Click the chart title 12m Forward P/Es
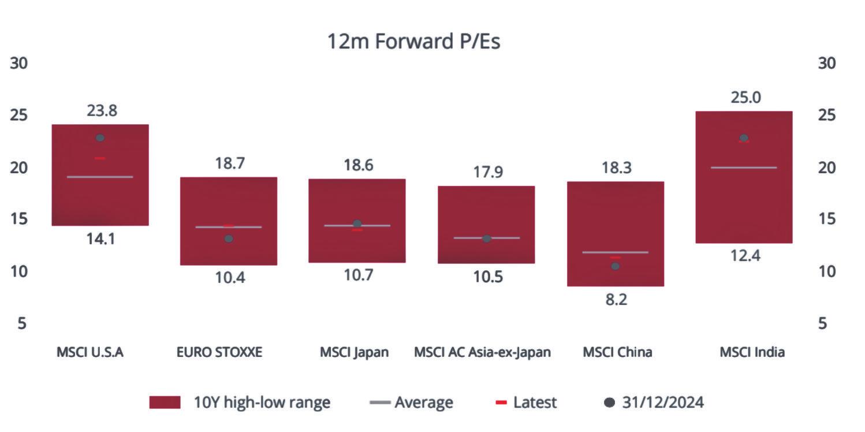[x=413, y=42]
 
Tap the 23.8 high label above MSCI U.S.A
[x=102, y=110]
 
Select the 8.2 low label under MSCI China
[x=615, y=300]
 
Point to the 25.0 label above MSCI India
[x=745, y=98]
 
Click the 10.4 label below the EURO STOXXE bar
[x=229, y=278]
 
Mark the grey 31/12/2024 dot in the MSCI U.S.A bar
[x=100, y=138]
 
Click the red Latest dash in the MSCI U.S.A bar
[x=100, y=158]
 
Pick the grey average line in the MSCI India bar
[x=744, y=167]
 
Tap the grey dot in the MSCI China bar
[x=615, y=266]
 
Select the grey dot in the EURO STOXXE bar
[x=229, y=239]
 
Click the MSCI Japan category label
[x=355, y=352]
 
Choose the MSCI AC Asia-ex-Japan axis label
[x=482, y=352]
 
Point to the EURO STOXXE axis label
[x=219, y=352]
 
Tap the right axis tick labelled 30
[x=827, y=63]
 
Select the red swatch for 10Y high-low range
[x=165, y=403]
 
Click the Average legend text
[x=424, y=403]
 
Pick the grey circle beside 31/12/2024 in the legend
[x=609, y=403]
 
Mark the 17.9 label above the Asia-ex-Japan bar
[x=486, y=172]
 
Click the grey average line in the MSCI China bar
[x=615, y=252]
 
